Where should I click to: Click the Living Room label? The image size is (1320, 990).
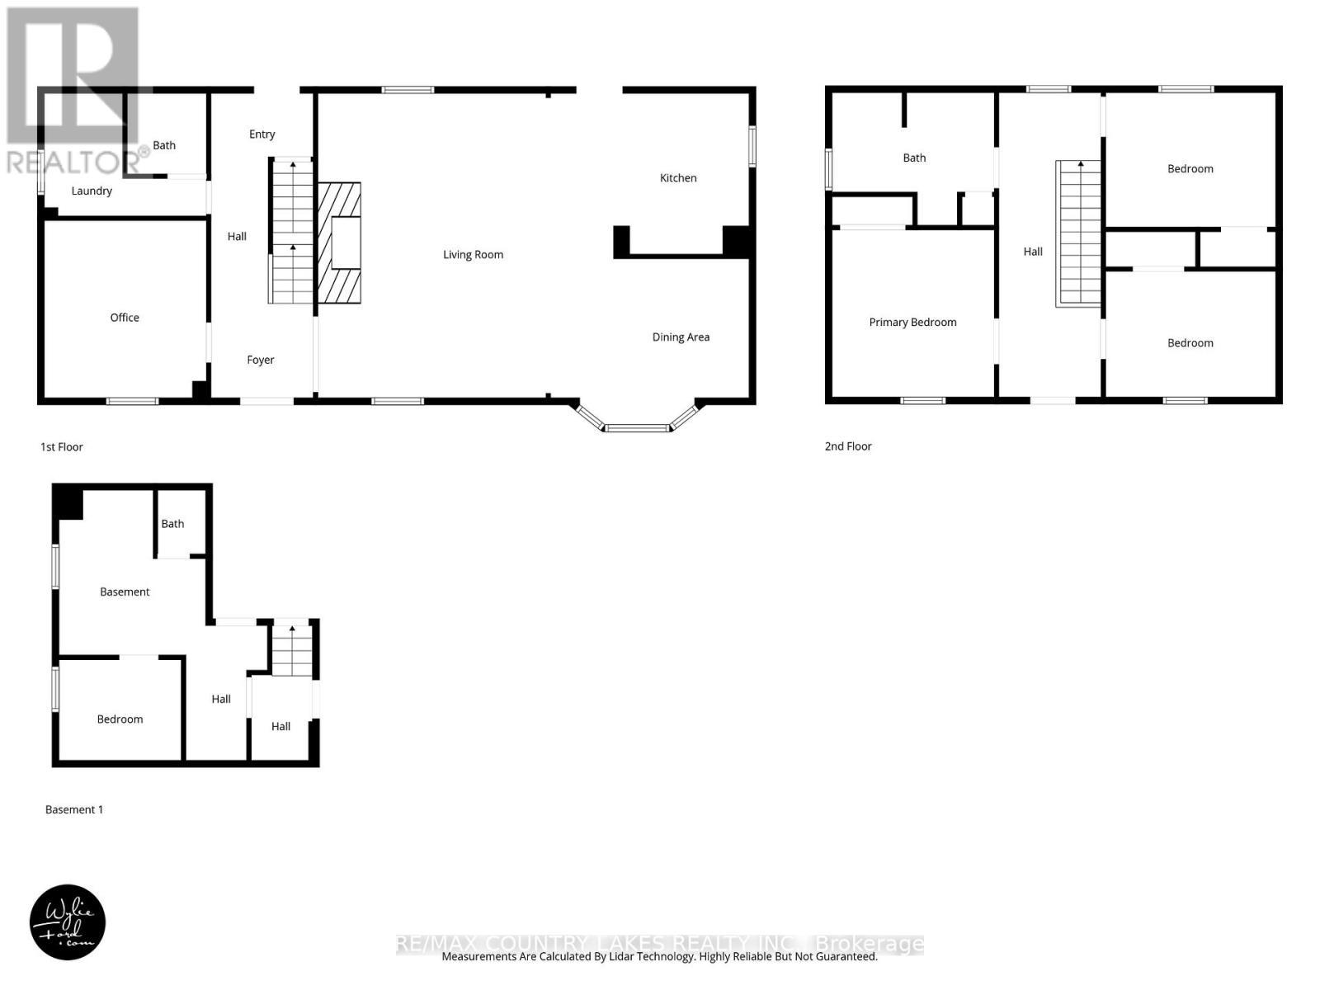pyautogui.click(x=473, y=254)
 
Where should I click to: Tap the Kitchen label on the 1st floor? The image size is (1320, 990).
pyautogui.click(x=678, y=177)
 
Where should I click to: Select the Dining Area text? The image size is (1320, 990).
pyautogui.click(x=681, y=337)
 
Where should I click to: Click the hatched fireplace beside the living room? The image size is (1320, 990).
pyautogui.click(x=339, y=243)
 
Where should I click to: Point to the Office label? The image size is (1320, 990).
pyautogui.click(x=125, y=317)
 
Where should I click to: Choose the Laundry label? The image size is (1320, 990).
pyautogui.click(x=92, y=191)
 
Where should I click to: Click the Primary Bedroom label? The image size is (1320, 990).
pyautogui.click(x=912, y=322)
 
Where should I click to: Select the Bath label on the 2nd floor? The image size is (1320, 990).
pyautogui.click(x=914, y=158)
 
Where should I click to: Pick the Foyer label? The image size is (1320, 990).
pyautogui.click(x=261, y=360)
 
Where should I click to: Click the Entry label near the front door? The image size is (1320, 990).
pyautogui.click(x=262, y=134)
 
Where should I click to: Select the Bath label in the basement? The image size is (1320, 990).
pyautogui.click(x=172, y=523)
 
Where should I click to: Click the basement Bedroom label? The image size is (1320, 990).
pyautogui.click(x=120, y=719)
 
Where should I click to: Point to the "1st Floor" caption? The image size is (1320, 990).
pyautogui.click(x=62, y=446)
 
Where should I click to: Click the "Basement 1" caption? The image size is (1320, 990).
pyautogui.click(x=74, y=809)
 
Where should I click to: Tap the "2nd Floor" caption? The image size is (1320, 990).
pyautogui.click(x=848, y=445)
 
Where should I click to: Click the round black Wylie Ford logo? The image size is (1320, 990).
pyautogui.click(x=68, y=922)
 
